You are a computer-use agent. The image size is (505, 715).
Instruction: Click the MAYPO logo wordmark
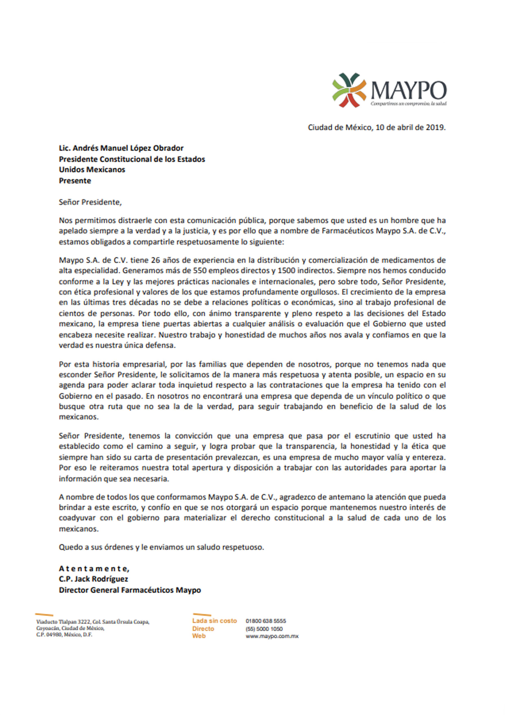(408, 90)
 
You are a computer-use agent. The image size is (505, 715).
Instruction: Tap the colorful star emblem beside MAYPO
(349, 90)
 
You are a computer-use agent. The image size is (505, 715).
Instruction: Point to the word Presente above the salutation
(75, 181)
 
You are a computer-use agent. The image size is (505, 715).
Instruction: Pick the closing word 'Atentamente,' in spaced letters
(94, 569)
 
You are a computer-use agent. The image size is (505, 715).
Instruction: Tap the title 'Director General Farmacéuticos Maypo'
(130, 590)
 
